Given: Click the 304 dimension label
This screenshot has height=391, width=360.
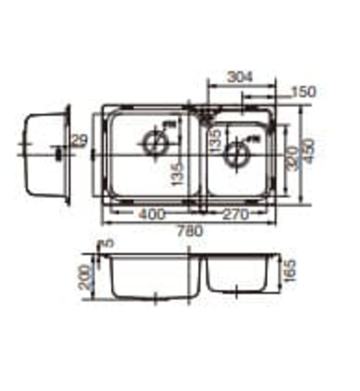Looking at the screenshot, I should [241, 77].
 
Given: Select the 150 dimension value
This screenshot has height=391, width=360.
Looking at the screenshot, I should [304, 92].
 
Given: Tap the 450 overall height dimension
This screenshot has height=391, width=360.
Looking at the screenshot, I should [309, 154].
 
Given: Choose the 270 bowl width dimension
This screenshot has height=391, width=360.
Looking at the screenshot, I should [236, 213].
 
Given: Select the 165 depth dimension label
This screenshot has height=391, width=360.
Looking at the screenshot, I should [289, 273].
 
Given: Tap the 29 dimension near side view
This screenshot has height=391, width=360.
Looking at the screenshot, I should [80, 141].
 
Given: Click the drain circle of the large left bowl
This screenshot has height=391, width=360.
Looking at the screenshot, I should [155, 142].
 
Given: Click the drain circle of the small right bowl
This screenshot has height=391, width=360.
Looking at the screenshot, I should [237, 154].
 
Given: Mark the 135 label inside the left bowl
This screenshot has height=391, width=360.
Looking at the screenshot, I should [177, 175].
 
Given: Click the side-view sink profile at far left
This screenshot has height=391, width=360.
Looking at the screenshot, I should [45, 154].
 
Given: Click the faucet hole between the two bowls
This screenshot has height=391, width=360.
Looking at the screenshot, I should [205, 113].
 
